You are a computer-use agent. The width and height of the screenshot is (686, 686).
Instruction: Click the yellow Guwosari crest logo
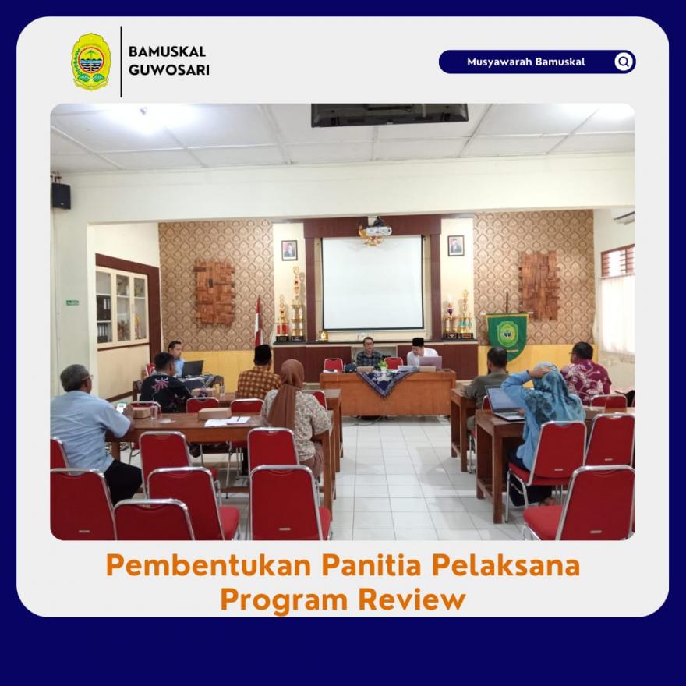[90, 62]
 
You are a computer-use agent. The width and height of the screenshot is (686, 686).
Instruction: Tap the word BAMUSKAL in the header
[167, 51]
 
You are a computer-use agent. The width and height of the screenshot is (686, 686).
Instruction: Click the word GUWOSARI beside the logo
[169, 70]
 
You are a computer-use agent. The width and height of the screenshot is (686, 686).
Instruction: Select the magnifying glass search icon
[624, 62]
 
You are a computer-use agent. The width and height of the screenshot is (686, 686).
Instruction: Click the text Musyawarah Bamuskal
[526, 62]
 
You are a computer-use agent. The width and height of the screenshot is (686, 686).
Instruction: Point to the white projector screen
[373, 283]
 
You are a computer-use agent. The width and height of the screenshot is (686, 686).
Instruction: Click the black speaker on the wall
[62, 196]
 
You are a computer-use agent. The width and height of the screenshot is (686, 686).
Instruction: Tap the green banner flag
[507, 334]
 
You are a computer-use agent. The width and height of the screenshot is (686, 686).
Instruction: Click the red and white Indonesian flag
[258, 320]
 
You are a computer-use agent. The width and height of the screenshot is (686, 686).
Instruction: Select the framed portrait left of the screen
[289, 250]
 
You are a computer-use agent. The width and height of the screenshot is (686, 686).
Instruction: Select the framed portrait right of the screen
[456, 246]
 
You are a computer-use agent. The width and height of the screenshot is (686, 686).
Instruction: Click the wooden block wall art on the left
[214, 293]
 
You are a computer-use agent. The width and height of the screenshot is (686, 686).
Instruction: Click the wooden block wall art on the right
[539, 285]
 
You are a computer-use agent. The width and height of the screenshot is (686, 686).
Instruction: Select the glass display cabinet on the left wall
[122, 307]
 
